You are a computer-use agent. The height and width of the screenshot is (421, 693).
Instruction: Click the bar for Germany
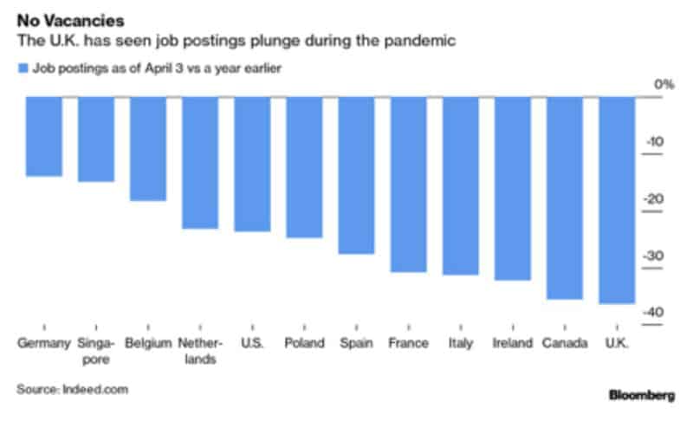[43, 136]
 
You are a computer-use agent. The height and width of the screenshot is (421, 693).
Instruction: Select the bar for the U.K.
[618, 200]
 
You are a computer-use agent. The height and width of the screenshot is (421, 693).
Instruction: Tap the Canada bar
[565, 198]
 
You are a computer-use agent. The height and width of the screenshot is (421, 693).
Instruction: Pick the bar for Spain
[356, 175]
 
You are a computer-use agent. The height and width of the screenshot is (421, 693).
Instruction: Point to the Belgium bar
[147, 148]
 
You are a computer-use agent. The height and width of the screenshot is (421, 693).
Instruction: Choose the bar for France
[408, 184]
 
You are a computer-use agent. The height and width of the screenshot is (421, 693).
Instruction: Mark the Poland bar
[304, 167]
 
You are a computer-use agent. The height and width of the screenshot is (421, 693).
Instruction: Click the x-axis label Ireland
[513, 343]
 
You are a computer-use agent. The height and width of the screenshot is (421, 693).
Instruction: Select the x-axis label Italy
[461, 343]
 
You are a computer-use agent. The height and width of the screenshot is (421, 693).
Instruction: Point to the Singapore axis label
[95, 351]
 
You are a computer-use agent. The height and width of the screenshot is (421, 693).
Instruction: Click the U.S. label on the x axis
[251, 343]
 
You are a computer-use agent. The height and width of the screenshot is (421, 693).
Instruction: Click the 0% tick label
[664, 85]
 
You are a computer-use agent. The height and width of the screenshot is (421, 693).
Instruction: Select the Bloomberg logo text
[642, 395]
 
